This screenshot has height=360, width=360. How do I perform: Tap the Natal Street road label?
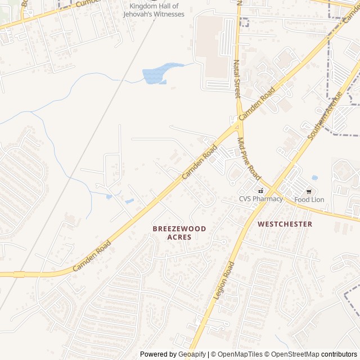(x=237, y=79)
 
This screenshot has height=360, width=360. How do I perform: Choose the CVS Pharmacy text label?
(x=260, y=199)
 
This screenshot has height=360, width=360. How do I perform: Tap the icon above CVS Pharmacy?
(x=260, y=190)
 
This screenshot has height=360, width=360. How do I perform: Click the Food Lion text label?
(x=309, y=200)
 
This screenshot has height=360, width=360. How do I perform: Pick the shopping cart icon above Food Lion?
(x=309, y=191)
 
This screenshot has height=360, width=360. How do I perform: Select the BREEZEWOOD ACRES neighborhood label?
(x=179, y=233)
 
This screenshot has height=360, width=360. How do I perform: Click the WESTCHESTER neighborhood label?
(x=285, y=224)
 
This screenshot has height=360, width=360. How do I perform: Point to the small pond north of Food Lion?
(x=314, y=178)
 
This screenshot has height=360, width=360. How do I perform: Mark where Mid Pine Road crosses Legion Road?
(x=269, y=190)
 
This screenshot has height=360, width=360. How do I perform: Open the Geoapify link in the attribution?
(x=192, y=354)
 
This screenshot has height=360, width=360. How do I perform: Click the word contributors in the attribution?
(x=339, y=354)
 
